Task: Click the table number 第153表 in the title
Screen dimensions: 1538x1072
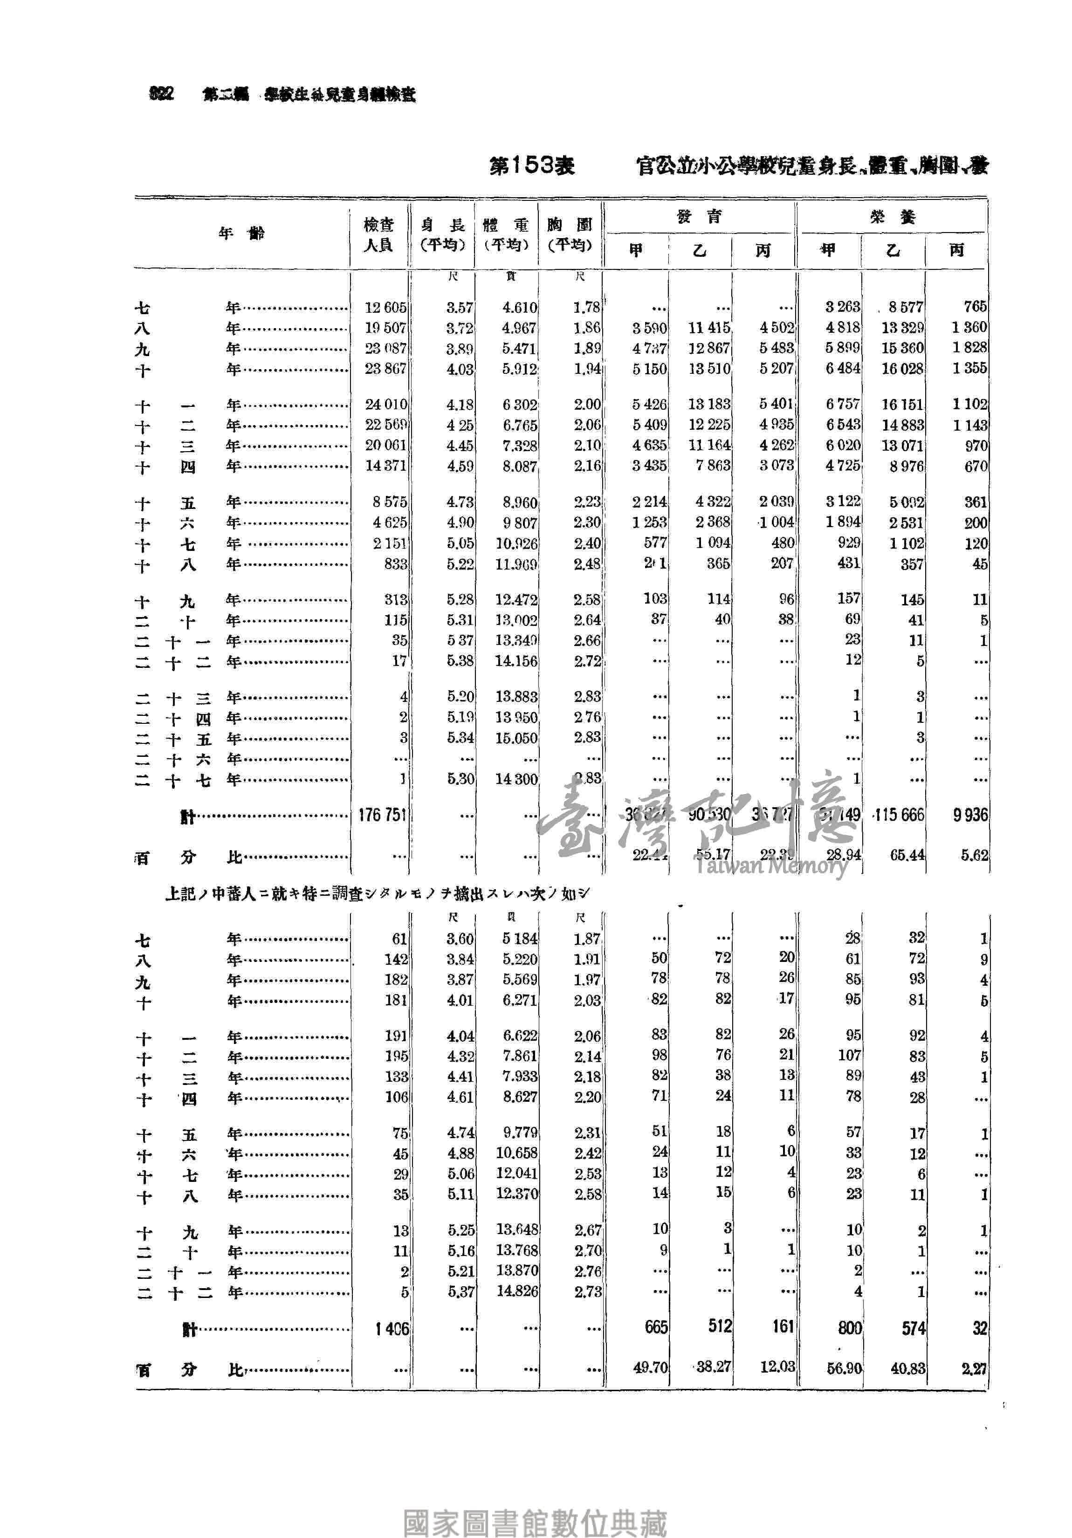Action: tap(531, 165)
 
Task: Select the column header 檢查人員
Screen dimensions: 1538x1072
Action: tap(378, 234)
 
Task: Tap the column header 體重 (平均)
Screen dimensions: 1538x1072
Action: tap(507, 234)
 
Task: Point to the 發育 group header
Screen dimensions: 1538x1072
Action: tap(699, 216)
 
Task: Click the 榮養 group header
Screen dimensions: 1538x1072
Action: tap(893, 216)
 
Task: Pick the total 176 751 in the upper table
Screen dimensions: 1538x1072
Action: tap(382, 815)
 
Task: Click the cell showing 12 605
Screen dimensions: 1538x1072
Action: tap(385, 308)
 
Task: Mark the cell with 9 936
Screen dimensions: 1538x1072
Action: tap(969, 815)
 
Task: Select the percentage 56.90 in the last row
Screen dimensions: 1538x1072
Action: tap(844, 1368)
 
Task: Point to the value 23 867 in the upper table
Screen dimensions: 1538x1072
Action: tap(385, 369)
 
